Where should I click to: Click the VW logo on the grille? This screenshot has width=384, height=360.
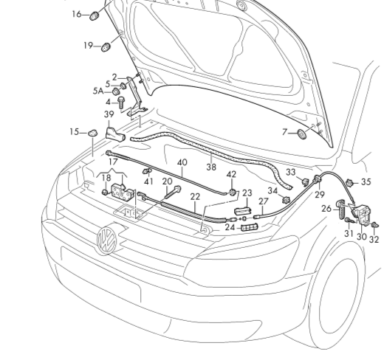(x=107, y=239)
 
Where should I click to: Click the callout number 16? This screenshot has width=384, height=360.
(x=77, y=14)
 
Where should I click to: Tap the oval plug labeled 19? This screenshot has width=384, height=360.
(x=106, y=46)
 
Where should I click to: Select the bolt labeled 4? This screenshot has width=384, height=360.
(x=121, y=103)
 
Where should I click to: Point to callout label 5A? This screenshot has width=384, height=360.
(x=98, y=91)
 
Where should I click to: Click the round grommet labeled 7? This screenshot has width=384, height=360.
(x=302, y=134)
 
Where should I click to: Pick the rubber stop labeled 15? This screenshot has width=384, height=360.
(x=93, y=133)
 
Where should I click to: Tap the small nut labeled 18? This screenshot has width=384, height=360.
(x=105, y=193)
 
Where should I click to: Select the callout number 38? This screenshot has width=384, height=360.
(x=211, y=167)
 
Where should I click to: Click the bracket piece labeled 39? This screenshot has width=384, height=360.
(x=115, y=134)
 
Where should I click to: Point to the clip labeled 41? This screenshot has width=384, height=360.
(x=147, y=170)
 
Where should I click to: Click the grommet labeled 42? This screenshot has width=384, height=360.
(x=233, y=193)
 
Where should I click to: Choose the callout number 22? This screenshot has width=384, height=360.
(x=195, y=197)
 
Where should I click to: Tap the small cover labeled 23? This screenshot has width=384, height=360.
(x=243, y=211)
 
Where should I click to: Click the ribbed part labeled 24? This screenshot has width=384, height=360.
(x=250, y=227)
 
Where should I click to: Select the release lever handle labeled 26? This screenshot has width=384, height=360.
(x=342, y=209)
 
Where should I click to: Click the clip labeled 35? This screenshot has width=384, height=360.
(x=350, y=183)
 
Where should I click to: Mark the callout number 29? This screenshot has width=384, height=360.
(x=320, y=195)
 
